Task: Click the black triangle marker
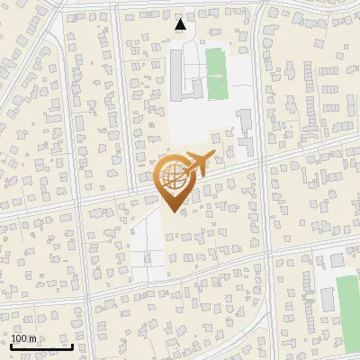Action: [181, 24]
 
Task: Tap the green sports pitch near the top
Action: [215, 74]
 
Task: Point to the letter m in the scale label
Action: [32, 338]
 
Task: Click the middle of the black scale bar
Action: [41, 346]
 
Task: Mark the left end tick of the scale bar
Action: [11, 346]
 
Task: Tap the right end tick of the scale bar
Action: [72, 346]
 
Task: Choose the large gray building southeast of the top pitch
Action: [245, 126]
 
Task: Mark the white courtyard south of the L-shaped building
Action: [193, 121]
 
